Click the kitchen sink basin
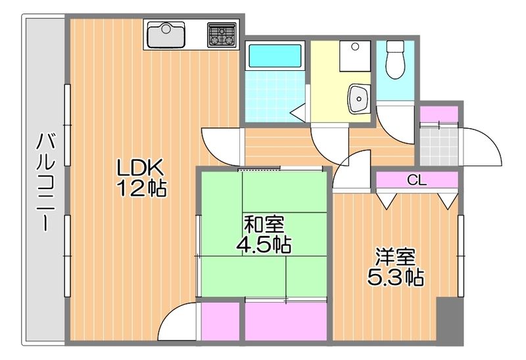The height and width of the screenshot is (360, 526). pyautogui.click(x=166, y=34)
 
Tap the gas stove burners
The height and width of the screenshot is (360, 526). pyautogui.click(x=222, y=35)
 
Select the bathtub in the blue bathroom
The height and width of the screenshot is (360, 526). pyautogui.click(x=274, y=56)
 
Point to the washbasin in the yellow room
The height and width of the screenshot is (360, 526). pyautogui.click(x=360, y=99)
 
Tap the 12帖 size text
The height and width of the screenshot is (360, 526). pyautogui.click(x=141, y=189)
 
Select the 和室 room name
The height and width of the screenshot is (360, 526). pyautogui.click(x=264, y=224)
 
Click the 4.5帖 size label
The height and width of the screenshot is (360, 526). pyautogui.click(x=264, y=245)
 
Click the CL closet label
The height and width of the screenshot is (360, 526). pyautogui.click(x=417, y=179)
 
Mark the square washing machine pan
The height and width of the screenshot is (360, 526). pyautogui.click(x=354, y=58)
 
